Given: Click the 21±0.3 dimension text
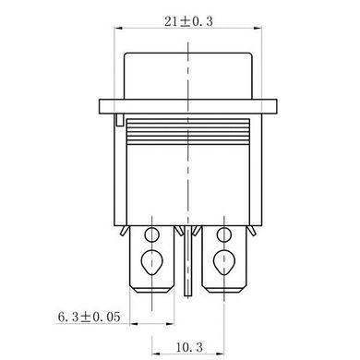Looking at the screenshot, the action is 188,21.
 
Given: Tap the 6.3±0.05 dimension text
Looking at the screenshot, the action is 89,317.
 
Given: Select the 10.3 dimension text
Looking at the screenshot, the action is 189,348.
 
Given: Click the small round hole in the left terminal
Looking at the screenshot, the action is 152,235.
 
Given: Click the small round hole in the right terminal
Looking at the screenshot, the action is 224,235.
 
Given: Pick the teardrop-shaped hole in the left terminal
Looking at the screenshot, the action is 151,261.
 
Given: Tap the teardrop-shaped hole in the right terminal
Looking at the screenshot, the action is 224,261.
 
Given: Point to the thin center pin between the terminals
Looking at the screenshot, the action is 187,261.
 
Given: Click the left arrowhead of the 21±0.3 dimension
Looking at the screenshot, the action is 118,29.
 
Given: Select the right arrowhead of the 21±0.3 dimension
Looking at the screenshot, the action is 258,29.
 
